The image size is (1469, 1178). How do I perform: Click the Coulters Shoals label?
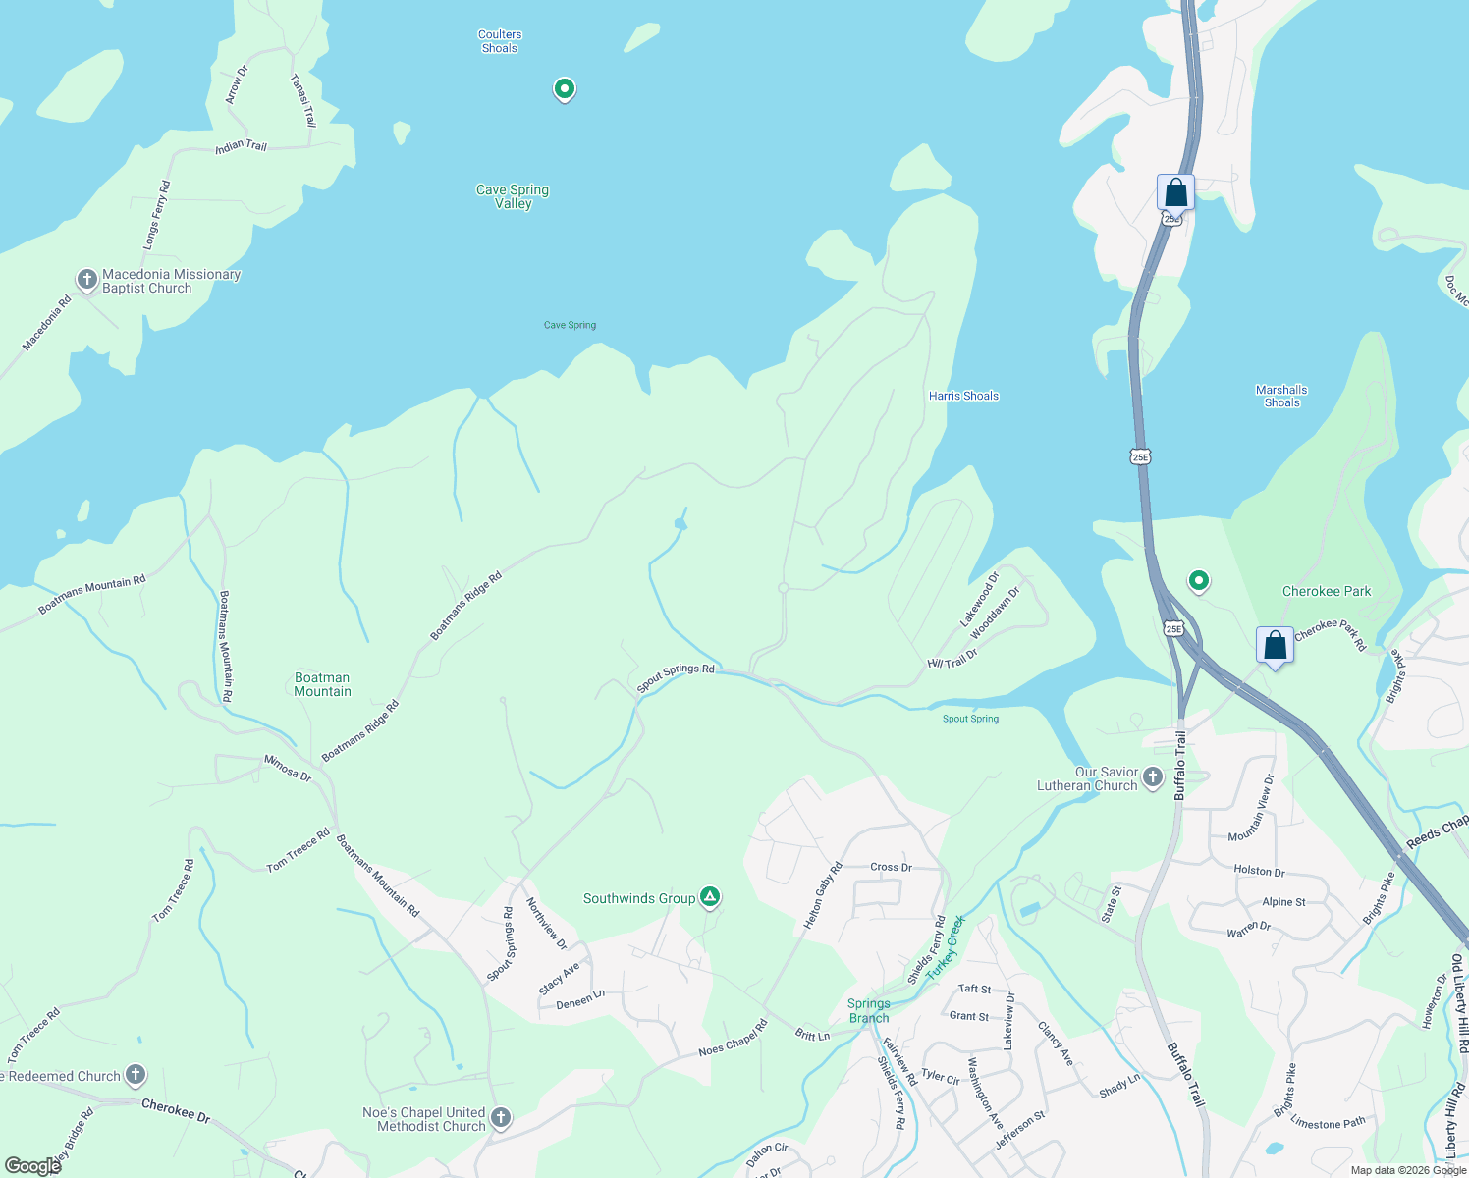click(x=500, y=41)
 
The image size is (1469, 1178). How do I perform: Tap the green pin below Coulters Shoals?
click(x=564, y=89)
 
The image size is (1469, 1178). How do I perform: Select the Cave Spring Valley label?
click(x=513, y=196)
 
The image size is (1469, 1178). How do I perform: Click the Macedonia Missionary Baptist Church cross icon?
click(x=87, y=281)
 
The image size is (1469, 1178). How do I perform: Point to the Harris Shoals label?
click(x=963, y=396)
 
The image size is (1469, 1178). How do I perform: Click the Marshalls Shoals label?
click(x=1281, y=396)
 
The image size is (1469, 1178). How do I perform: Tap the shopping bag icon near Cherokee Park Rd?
click(x=1275, y=646)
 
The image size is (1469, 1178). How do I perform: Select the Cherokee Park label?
click(x=1327, y=591)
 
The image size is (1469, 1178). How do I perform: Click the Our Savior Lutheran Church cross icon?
click(x=1153, y=778)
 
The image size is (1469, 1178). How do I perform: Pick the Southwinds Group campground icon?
click(x=710, y=897)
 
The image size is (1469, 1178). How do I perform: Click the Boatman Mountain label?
click(x=322, y=684)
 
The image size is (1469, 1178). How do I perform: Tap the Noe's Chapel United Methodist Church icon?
click(x=500, y=1118)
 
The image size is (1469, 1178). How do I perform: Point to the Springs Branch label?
click(x=869, y=1010)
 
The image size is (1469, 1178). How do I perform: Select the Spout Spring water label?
click(x=970, y=719)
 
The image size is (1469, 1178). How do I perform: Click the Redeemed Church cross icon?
click(x=136, y=1076)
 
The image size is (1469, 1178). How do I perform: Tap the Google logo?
click(x=32, y=1166)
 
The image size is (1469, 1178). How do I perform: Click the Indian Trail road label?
click(x=242, y=146)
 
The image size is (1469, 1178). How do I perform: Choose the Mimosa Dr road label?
click(x=288, y=768)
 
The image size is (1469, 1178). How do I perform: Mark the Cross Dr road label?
click(x=891, y=867)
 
